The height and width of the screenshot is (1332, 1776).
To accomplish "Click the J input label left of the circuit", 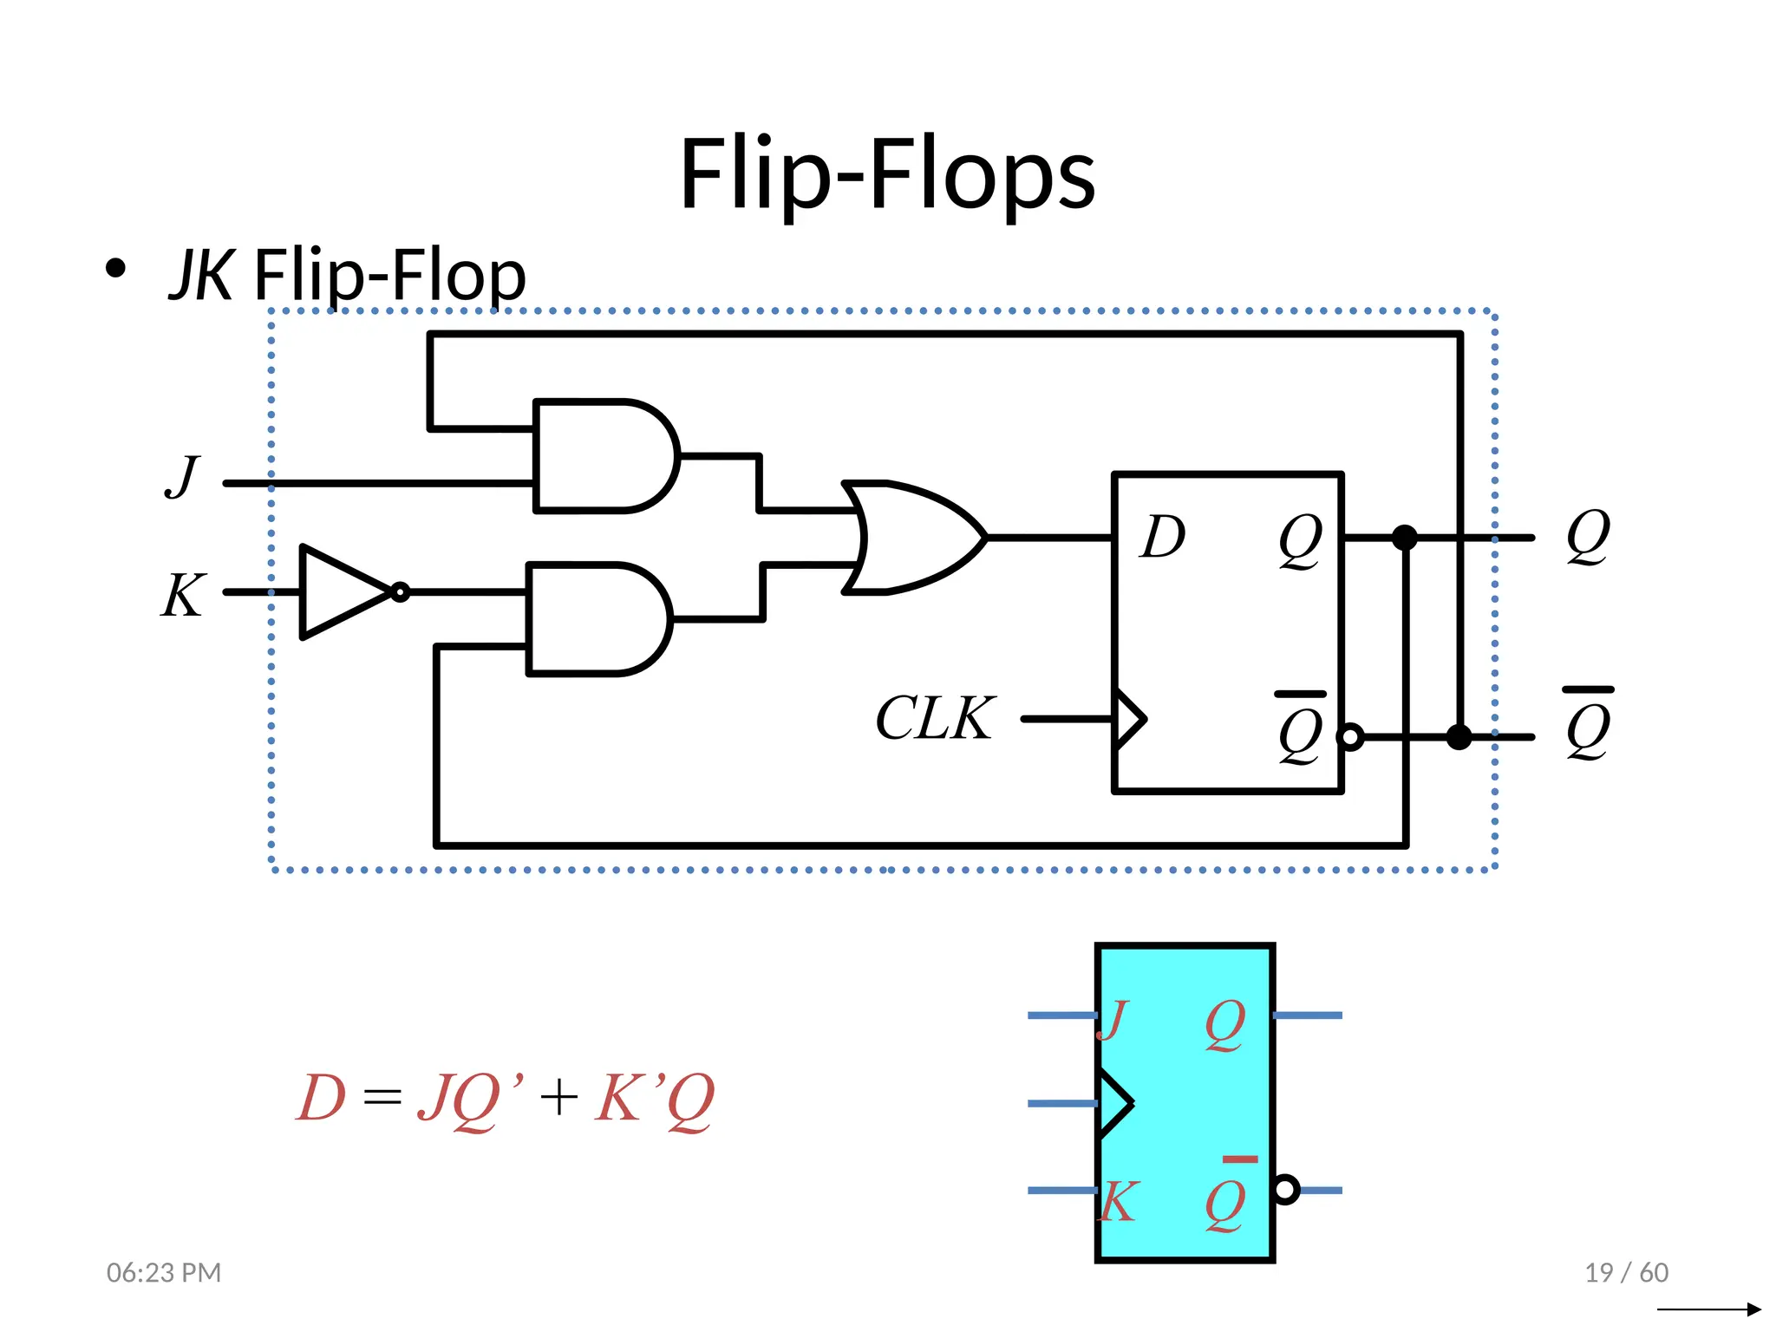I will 182,476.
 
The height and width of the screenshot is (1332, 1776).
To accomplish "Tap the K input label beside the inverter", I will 183,595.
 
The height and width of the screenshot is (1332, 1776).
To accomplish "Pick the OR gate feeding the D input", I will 911,538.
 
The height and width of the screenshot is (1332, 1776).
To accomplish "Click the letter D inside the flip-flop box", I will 1162,537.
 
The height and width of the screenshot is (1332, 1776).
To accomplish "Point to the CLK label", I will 934,718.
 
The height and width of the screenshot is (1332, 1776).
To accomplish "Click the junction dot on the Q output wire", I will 1404,538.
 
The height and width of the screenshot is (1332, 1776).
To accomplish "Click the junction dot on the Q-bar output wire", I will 1459,737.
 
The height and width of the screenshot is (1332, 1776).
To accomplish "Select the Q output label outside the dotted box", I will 1588,537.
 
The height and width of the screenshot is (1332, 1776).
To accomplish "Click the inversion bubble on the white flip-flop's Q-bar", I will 1351,737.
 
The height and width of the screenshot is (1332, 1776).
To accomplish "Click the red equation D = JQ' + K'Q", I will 505,1098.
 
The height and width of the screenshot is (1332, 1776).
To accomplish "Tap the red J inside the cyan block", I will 1113,1020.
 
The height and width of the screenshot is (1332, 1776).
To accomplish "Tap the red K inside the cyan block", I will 1117,1202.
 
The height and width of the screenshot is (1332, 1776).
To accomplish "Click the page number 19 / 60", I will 1626,1272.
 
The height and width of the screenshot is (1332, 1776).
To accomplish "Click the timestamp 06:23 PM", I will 164,1272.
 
